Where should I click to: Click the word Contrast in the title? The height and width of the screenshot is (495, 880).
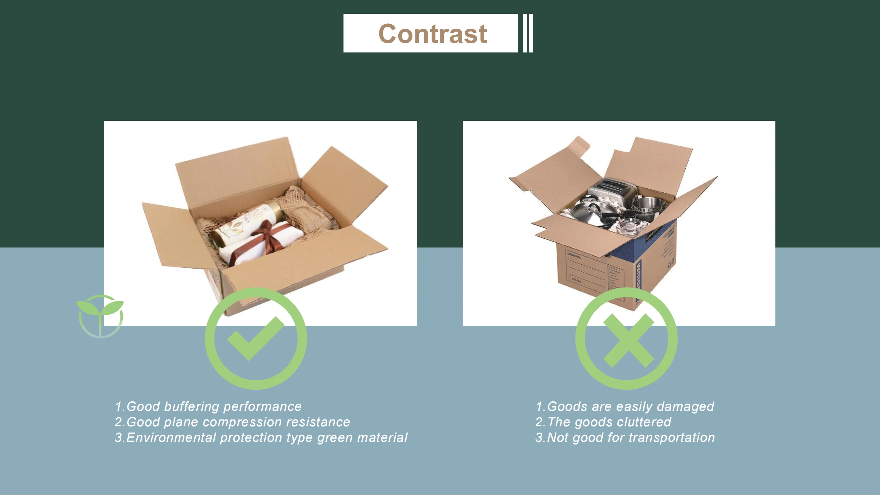[x=433, y=34]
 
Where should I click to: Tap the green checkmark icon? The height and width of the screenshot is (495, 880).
[x=256, y=339]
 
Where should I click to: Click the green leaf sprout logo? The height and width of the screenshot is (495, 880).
[x=100, y=315]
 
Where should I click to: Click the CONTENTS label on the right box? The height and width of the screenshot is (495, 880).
[x=574, y=255]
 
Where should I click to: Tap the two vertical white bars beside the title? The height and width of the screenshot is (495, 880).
[x=528, y=33]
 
